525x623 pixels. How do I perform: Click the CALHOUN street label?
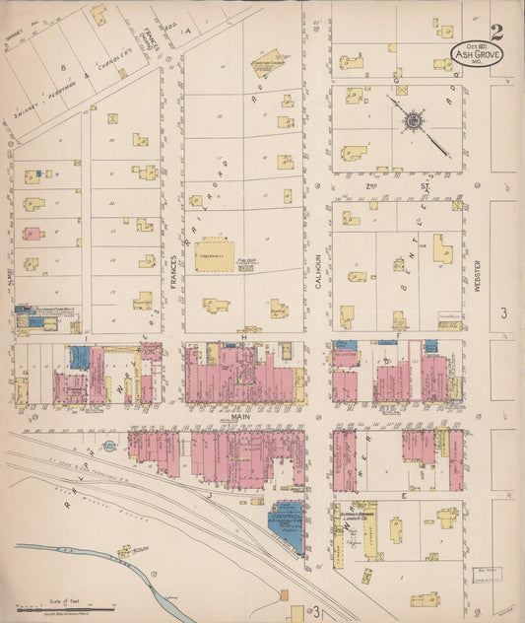click(317, 265)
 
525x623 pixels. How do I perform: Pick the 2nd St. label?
click(399, 184)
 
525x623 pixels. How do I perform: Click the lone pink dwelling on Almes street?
click(33, 235)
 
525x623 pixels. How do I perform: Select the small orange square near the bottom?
click(285, 595)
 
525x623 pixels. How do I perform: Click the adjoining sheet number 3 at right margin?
click(502, 313)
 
